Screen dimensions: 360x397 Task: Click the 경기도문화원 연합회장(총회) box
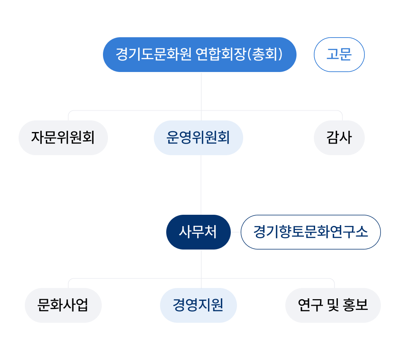[200, 55]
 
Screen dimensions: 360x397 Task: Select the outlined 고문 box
[339, 55]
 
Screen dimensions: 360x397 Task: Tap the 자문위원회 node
[63, 138]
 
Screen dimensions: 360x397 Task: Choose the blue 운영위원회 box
[198, 138]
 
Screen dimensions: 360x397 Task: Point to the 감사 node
[339, 138]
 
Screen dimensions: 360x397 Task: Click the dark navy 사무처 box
[198, 232]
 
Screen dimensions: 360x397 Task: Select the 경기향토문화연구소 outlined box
[310, 232]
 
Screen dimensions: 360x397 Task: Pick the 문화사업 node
[63, 305]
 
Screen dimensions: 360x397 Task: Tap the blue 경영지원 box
[198, 305]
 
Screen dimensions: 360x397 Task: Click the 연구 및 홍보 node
[333, 305]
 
